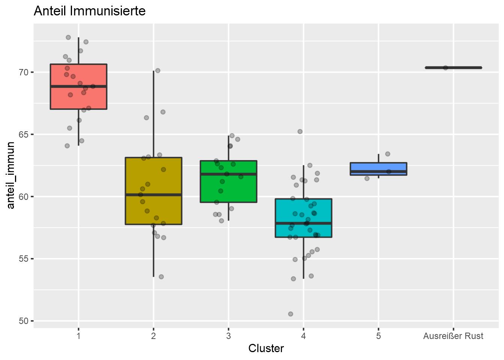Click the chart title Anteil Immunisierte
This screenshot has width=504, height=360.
tap(90, 11)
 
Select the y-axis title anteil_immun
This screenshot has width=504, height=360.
tap(11, 175)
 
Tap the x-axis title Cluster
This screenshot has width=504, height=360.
tap(266, 348)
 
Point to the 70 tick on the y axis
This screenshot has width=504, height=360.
tap(24, 72)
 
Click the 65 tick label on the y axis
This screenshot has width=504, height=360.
tap(24, 134)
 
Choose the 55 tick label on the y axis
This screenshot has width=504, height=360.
tap(24, 259)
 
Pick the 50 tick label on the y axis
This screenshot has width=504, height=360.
tap(24, 321)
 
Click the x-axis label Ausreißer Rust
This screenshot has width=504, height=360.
tap(453, 336)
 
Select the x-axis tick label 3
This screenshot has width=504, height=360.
tap(228, 336)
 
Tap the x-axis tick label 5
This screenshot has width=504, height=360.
tap(378, 336)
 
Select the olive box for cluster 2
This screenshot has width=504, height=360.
tap(153, 210)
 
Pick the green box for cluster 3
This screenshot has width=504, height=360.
tap(228, 187)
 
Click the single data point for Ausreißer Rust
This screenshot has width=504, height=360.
tap(445, 68)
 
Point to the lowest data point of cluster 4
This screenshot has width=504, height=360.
tap(291, 314)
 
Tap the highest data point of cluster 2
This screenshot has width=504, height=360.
tap(158, 70)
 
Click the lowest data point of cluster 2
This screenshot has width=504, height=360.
tap(161, 277)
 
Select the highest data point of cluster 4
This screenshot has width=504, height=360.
tap(300, 132)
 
